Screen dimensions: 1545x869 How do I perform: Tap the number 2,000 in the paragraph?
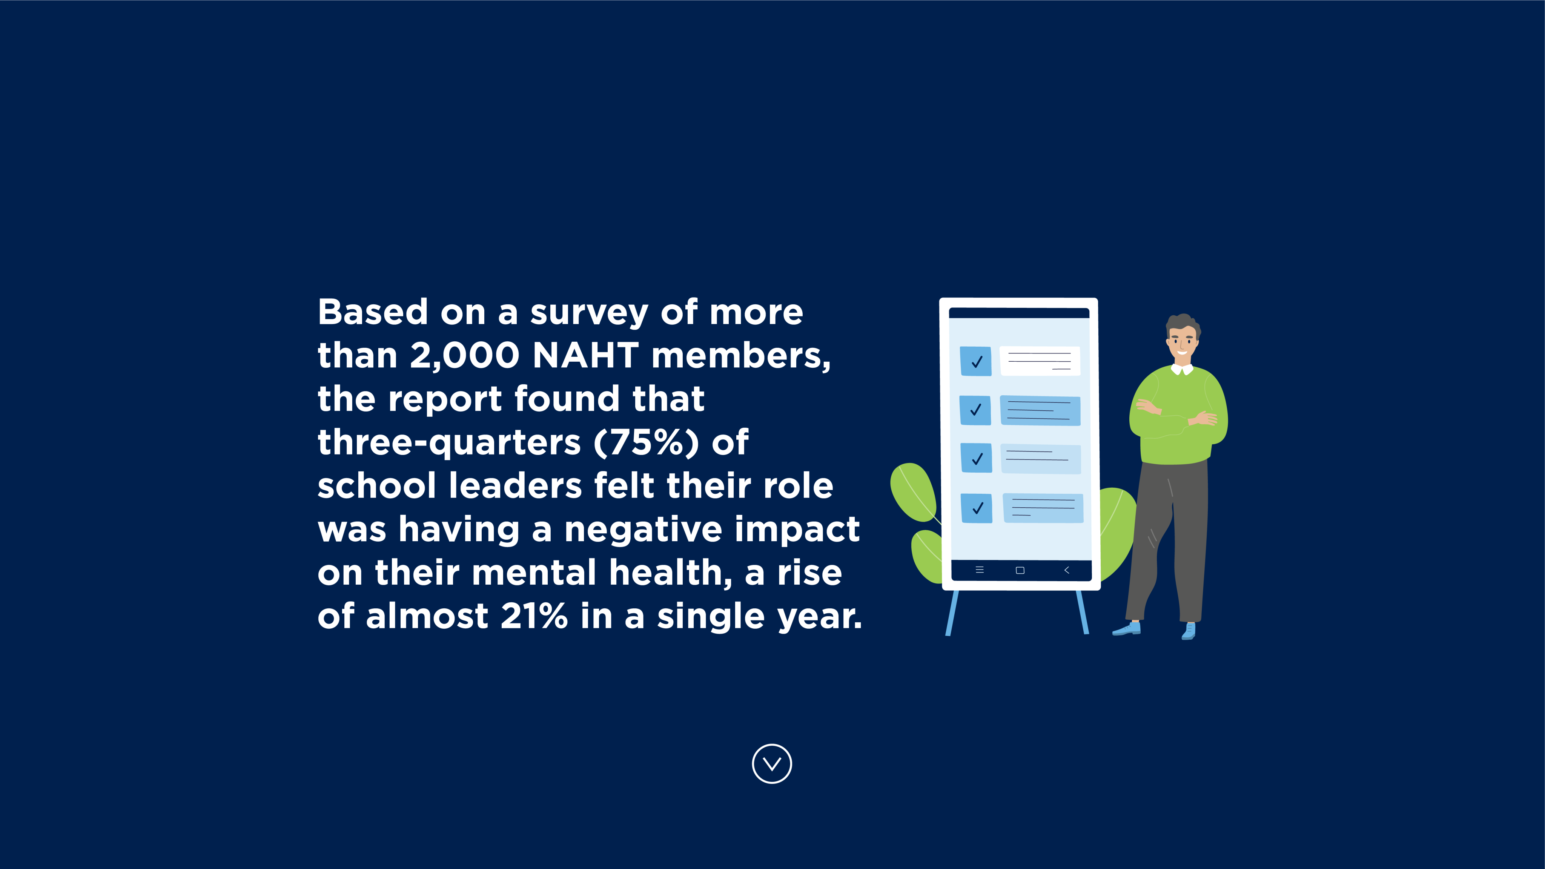pos(465,356)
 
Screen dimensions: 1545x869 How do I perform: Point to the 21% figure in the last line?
pos(534,616)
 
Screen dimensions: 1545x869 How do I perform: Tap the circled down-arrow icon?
pos(772,763)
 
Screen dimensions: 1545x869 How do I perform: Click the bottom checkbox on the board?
pos(977,508)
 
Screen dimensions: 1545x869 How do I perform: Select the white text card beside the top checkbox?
pos(1040,361)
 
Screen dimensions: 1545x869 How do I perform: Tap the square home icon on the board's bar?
pos(1020,570)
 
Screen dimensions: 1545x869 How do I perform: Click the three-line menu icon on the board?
pos(980,570)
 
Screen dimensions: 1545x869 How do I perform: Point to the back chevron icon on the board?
pos(1066,570)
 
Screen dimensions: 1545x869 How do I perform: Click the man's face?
pos(1181,343)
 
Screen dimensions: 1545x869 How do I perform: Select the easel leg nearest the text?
pos(952,613)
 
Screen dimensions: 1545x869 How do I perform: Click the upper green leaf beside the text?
pos(914,492)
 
